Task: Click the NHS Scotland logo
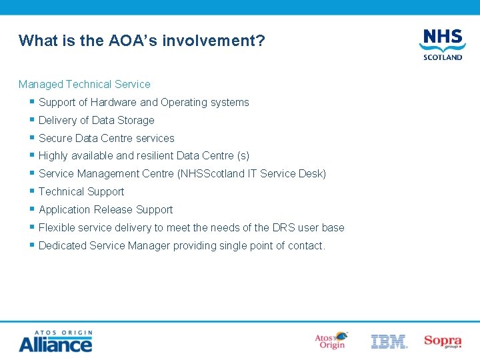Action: click(442, 43)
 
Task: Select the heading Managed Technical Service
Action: click(85, 84)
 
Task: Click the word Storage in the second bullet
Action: click(136, 121)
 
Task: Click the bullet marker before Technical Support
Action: click(31, 191)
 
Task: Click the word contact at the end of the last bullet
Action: click(306, 246)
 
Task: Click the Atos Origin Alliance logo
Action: click(55, 341)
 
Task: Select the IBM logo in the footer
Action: click(389, 341)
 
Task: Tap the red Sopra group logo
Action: click(443, 341)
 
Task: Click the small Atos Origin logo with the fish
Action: click(331, 341)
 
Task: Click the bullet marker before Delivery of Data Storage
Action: click(31, 120)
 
